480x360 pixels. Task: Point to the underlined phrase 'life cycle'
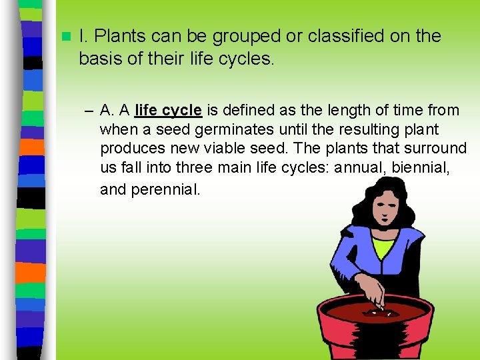pyautogui.click(x=168, y=110)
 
